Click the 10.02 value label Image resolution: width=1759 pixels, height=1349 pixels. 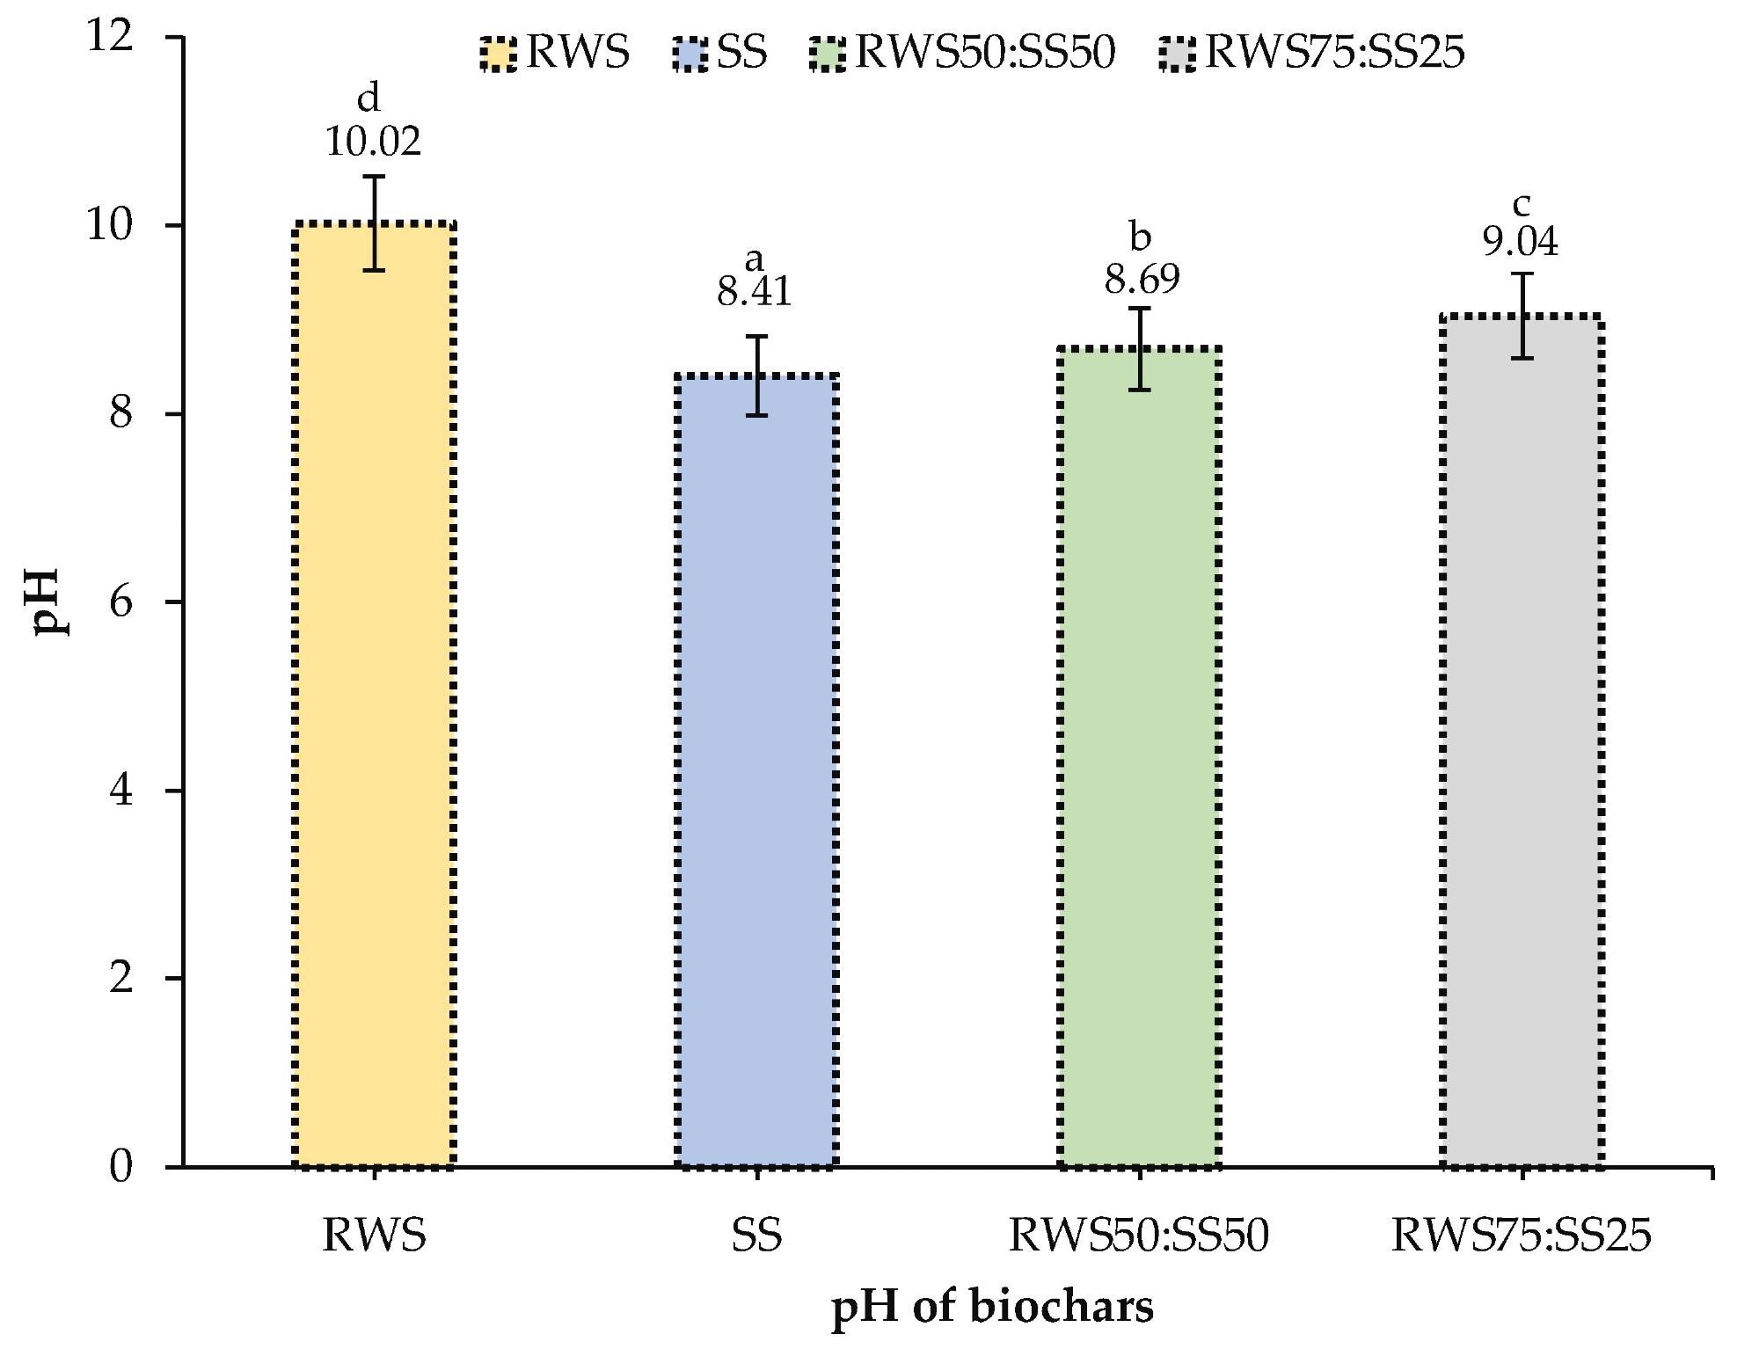click(x=374, y=142)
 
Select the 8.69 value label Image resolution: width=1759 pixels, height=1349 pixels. click(x=1142, y=280)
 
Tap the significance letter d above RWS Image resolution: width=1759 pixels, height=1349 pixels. click(x=369, y=98)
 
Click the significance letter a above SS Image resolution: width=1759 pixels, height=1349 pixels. click(x=755, y=259)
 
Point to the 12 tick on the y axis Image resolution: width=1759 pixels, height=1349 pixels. click(x=109, y=37)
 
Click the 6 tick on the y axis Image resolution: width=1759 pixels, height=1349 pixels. click(x=121, y=602)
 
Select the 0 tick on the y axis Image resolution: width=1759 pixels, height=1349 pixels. click(x=121, y=1167)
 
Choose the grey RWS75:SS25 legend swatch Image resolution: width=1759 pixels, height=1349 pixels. click(x=1179, y=54)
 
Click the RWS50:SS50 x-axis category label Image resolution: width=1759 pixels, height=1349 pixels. click(x=1139, y=1236)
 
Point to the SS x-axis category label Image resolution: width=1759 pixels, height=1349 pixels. click(x=756, y=1236)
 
